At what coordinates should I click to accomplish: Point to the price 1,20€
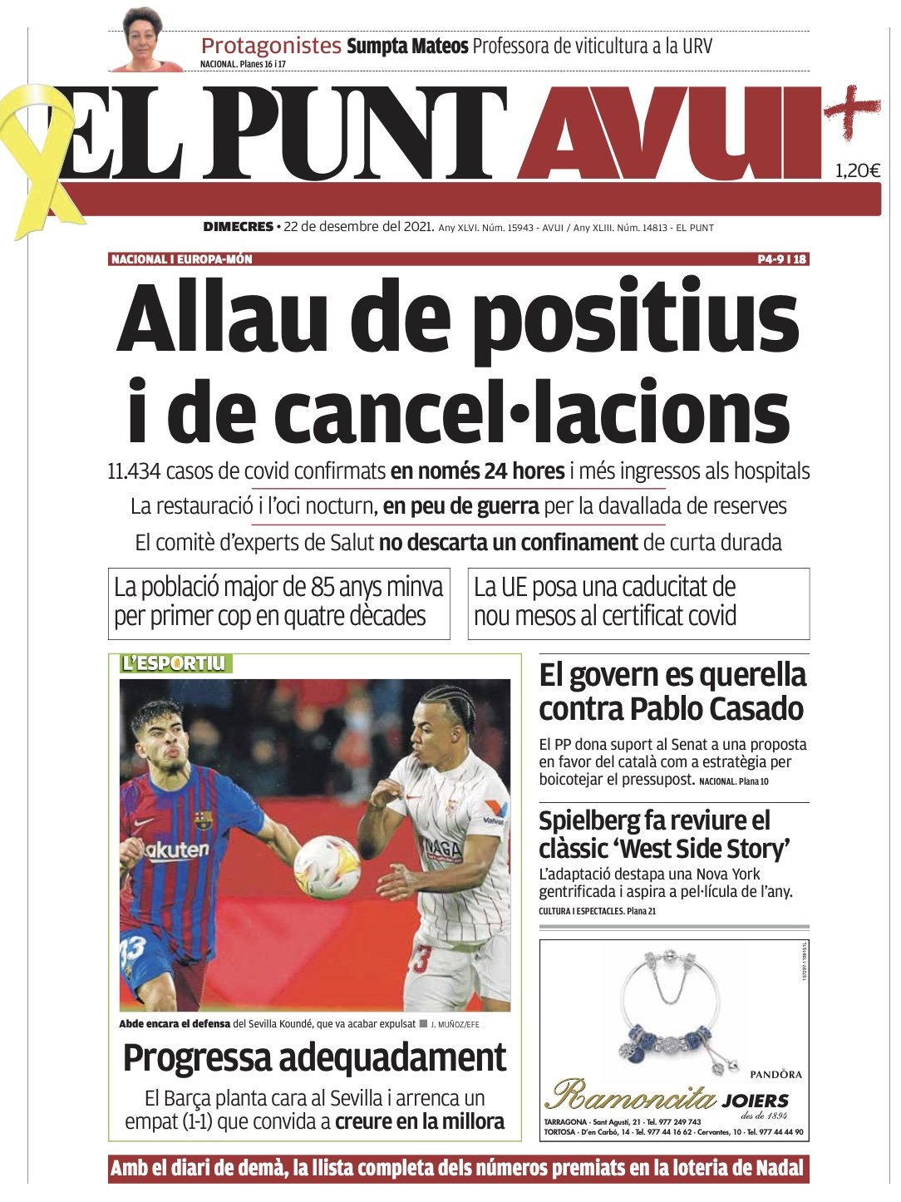click(x=857, y=172)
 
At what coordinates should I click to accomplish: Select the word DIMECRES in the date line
click(x=238, y=227)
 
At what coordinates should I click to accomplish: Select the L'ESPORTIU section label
click(x=173, y=663)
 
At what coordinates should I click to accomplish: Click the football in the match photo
click(x=327, y=867)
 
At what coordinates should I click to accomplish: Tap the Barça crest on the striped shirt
click(x=203, y=820)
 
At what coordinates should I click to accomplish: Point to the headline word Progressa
click(x=197, y=1058)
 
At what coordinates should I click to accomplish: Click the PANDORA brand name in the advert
click(x=775, y=1074)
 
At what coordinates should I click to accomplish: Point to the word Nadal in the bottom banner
click(x=780, y=1169)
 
